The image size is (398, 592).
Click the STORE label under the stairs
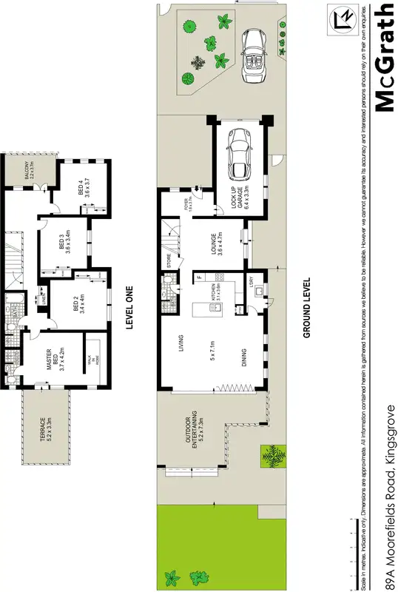tap(169, 260)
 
